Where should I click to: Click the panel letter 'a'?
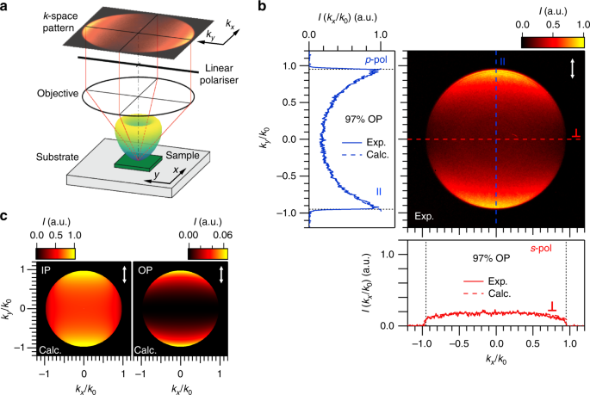click(x=7, y=7)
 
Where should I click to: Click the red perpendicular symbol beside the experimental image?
click(x=576, y=133)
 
